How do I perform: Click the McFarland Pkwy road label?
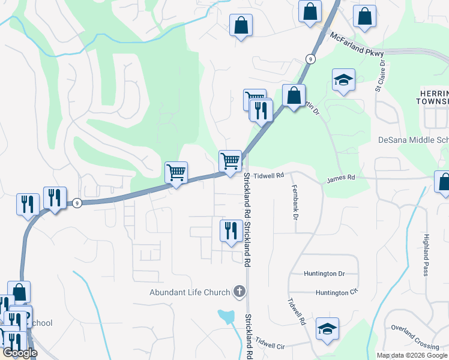click(357, 45)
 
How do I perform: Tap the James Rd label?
click(341, 178)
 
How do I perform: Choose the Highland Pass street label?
click(426, 255)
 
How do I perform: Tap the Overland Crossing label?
click(415, 337)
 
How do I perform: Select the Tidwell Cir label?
click(270, 346)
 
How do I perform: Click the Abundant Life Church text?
click(190, 293)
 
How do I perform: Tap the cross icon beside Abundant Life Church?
click(239, 292)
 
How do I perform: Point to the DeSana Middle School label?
click(413, 140)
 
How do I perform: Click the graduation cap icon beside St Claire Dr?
click(344, 80)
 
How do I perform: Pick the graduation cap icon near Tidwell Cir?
click(327, 329)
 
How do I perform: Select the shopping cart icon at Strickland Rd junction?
click(230, 161)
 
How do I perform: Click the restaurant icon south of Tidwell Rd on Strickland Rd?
click(231, 230)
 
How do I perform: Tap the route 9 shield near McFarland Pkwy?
click(310, 59)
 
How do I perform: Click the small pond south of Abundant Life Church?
click(226, 316)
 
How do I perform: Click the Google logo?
click(20, 353)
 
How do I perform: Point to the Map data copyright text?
click(412, 355)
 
